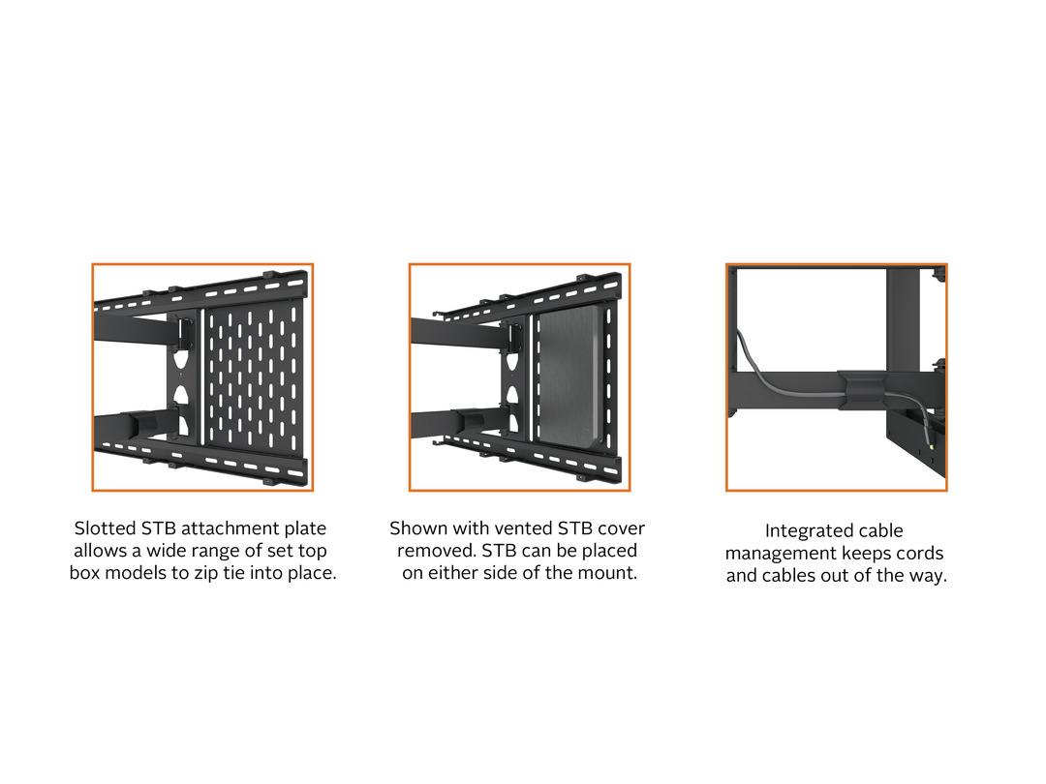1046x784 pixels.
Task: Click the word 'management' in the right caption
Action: pyautogui.click(x=781, y=554)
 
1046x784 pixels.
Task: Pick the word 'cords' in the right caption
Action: pyautogui.click(x=917, y=554)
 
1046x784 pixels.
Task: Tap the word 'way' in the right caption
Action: pyautogui.click(x=927, y=576)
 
